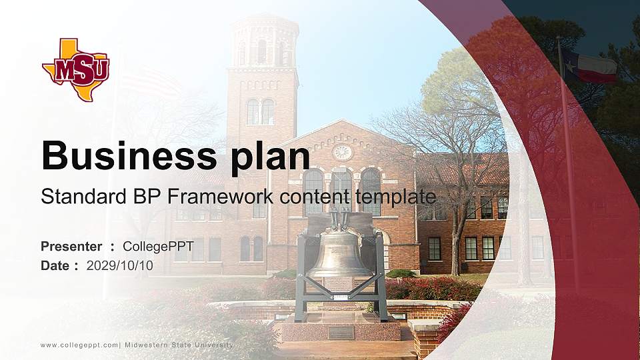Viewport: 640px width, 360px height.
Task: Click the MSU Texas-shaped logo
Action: pos(75,70)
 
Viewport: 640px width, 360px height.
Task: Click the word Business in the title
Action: pos(125,156)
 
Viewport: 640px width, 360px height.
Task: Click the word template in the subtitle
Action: pos(395,197)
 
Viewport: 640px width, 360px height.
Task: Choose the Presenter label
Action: pos(71,247)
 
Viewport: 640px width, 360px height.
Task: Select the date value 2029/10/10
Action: pos(120,265)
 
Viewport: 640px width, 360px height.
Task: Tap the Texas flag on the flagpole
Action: pos(589,65)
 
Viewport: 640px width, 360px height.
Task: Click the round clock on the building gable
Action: pos(342,152)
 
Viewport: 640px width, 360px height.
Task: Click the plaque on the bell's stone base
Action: pos(341,332)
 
